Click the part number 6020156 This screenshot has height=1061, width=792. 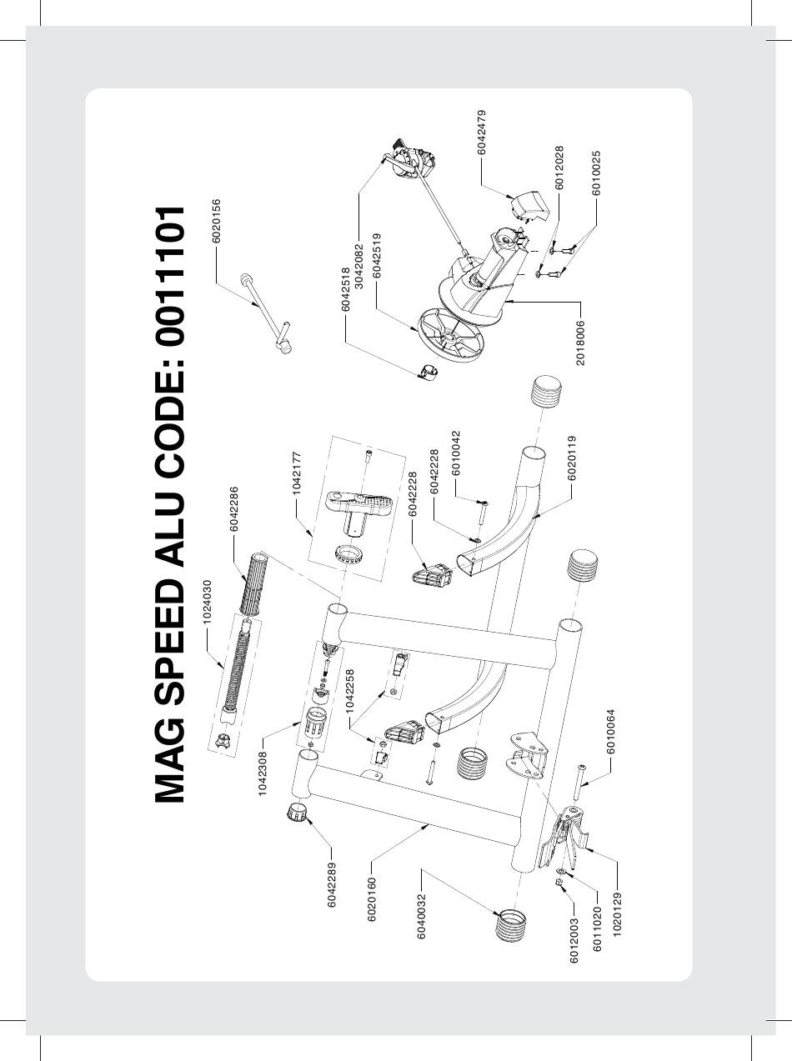click(216, 221)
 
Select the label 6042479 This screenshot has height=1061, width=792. click(481, 133)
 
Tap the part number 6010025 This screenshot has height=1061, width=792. click(596, 173)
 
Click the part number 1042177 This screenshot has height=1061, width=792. click(297, 473)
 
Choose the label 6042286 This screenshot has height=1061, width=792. click(234, 508)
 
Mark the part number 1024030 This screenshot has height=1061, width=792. click(207, 602)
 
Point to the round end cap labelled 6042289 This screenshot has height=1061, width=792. click(295, 813)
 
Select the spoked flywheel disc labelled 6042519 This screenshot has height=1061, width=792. click(449, 338)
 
